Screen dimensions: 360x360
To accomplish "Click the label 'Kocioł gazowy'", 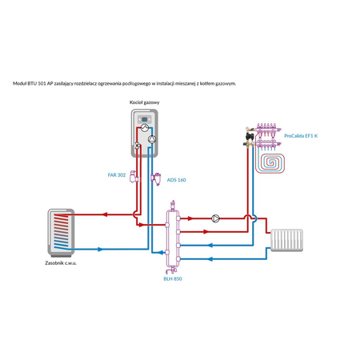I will pyautogui.click(x=145, y=103).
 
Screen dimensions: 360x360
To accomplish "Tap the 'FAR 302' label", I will pyautogui.click(x=116, y=174).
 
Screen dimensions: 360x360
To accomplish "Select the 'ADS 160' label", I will pyautogui.click(x=177, y=180).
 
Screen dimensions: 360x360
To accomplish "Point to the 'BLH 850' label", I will pyautogui.click(x=172, y=278).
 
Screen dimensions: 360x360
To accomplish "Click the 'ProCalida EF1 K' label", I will pyautogui.click(x=301, y=137).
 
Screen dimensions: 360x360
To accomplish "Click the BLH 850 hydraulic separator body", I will pyautogui.click(x=172, y=236).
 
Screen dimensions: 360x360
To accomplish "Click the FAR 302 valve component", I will pyautogui.click(x=134, y=177).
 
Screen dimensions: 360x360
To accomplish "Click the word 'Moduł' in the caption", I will pyautogui.click(x=22, y=82).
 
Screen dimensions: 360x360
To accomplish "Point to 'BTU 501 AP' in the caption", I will pyautogui.click(x=45, y=82).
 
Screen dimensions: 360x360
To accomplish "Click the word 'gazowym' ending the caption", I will pyautogui.click(x=223, y=82).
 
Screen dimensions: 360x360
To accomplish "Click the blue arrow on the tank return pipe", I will pyautogui.click(x=100, y=250).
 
